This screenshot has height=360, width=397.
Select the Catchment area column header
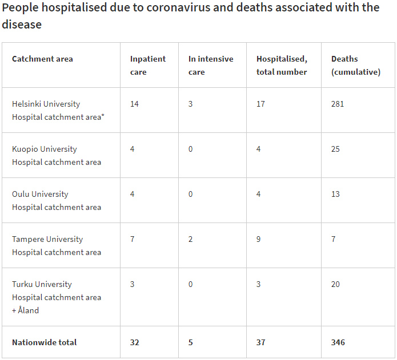42,59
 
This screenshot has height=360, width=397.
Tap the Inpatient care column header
147,65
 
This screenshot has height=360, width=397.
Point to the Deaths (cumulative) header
355,65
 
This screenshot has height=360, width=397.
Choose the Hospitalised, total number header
282,65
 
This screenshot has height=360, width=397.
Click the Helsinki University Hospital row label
57,110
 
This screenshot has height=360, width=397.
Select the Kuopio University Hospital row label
56,155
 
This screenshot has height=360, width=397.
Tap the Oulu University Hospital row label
56,200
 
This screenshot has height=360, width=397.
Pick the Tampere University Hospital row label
56,245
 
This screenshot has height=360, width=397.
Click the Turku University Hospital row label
56,297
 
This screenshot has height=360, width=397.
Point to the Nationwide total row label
44,342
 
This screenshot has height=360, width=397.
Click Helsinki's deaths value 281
338,104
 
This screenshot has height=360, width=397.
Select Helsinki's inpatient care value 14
134,104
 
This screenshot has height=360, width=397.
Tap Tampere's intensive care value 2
191,239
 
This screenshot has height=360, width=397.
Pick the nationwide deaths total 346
338,342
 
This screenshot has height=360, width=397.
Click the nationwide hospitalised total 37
260,342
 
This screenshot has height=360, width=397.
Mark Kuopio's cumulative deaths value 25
335,149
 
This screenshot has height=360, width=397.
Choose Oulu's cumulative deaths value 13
335,194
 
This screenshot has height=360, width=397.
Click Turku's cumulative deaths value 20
335,284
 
